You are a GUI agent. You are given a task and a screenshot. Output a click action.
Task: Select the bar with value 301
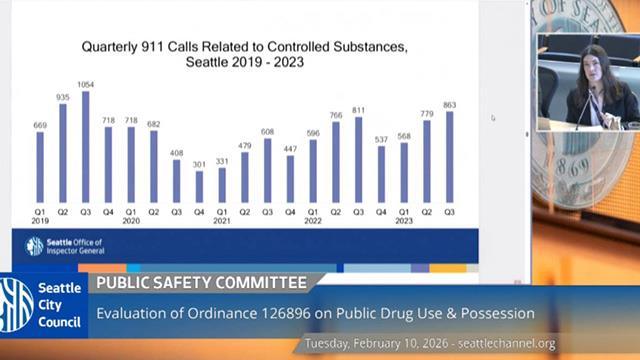[x=199, y=186]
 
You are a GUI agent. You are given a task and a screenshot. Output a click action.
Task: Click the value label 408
[x=176, y=153]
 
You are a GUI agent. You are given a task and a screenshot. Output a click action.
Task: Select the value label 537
[x=380, y=139]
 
